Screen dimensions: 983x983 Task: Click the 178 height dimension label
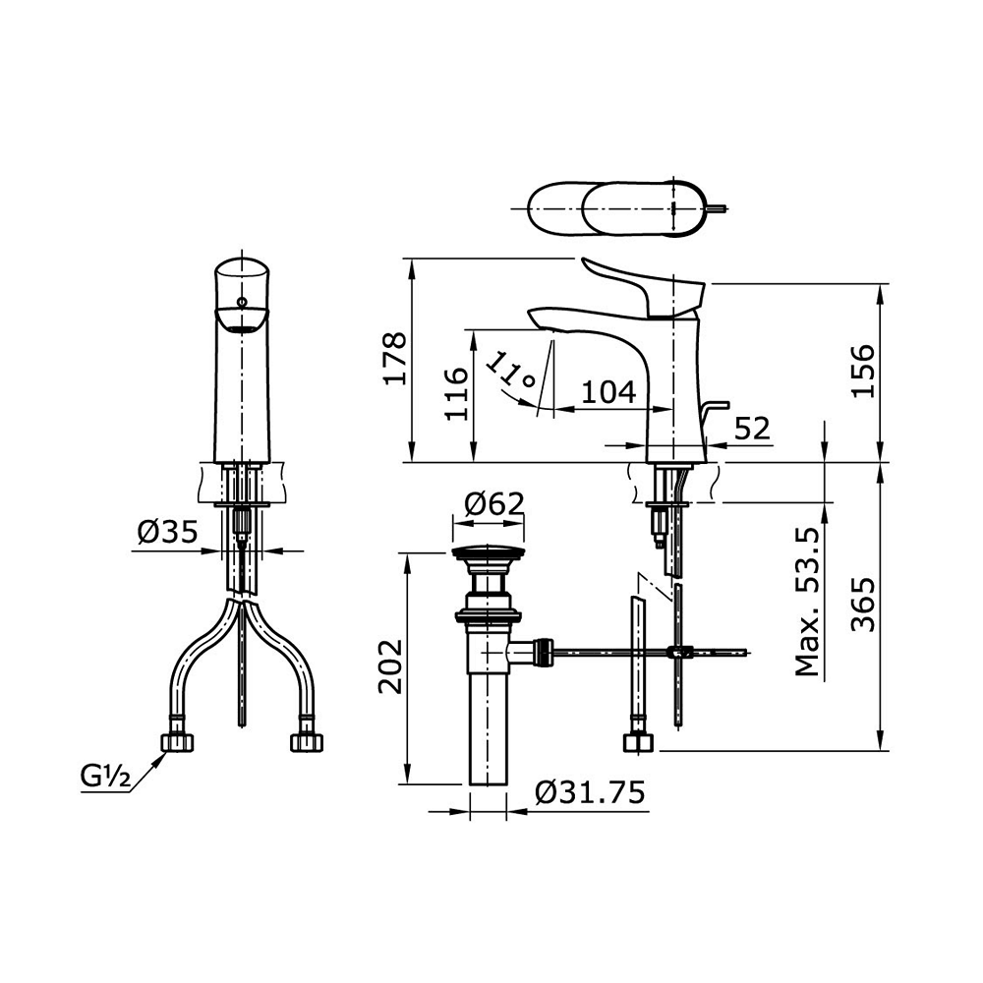point(395,359)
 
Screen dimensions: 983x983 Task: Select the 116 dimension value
point(456,394)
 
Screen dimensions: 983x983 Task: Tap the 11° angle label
point(511,373)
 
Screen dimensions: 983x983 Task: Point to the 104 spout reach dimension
point(609,393)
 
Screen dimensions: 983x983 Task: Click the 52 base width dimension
point(752,429)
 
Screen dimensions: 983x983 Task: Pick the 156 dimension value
point(863,370)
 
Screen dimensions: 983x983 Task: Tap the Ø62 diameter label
point(494,502)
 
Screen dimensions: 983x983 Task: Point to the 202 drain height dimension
point(389,666)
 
